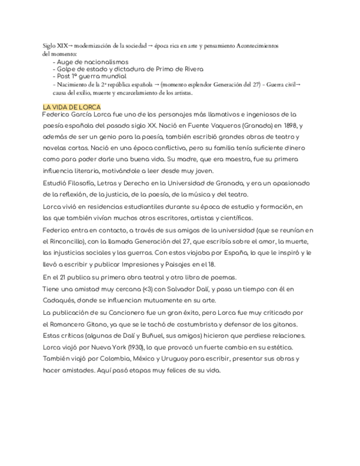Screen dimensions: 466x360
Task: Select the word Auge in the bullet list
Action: click(65, 62)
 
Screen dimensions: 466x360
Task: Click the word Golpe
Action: click(67, 69)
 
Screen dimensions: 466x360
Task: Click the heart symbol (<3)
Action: click(148, 289)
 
